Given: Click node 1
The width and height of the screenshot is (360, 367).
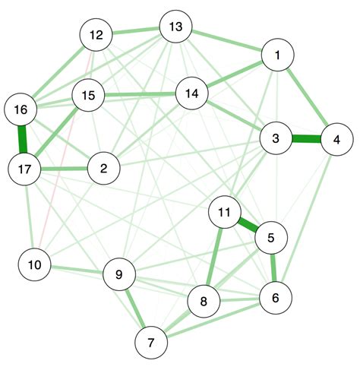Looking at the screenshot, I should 277,55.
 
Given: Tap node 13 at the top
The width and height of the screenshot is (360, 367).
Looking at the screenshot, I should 175,28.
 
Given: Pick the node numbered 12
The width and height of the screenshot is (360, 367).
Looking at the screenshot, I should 96,36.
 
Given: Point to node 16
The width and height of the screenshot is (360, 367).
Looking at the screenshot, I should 21,110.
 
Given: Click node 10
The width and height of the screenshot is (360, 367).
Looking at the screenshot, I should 34,264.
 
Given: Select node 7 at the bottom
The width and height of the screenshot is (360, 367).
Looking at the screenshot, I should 152,343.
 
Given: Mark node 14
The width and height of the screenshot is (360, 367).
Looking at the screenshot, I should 191,93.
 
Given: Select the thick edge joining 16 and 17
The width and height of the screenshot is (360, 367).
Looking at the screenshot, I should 23,140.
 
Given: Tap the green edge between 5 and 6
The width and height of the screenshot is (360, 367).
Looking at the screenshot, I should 273,267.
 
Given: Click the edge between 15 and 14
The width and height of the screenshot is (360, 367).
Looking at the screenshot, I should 140,94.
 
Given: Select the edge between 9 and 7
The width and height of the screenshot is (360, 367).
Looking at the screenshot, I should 135,308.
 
